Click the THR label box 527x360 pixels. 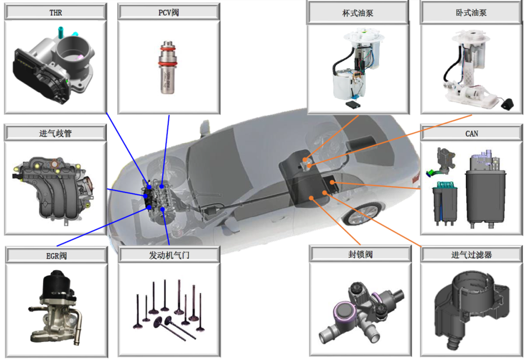55,12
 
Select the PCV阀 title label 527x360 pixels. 168,12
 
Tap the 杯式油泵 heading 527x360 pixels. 358,13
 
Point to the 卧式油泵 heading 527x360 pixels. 471,12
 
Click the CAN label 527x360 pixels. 471,133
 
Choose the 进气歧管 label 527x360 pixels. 55,133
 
